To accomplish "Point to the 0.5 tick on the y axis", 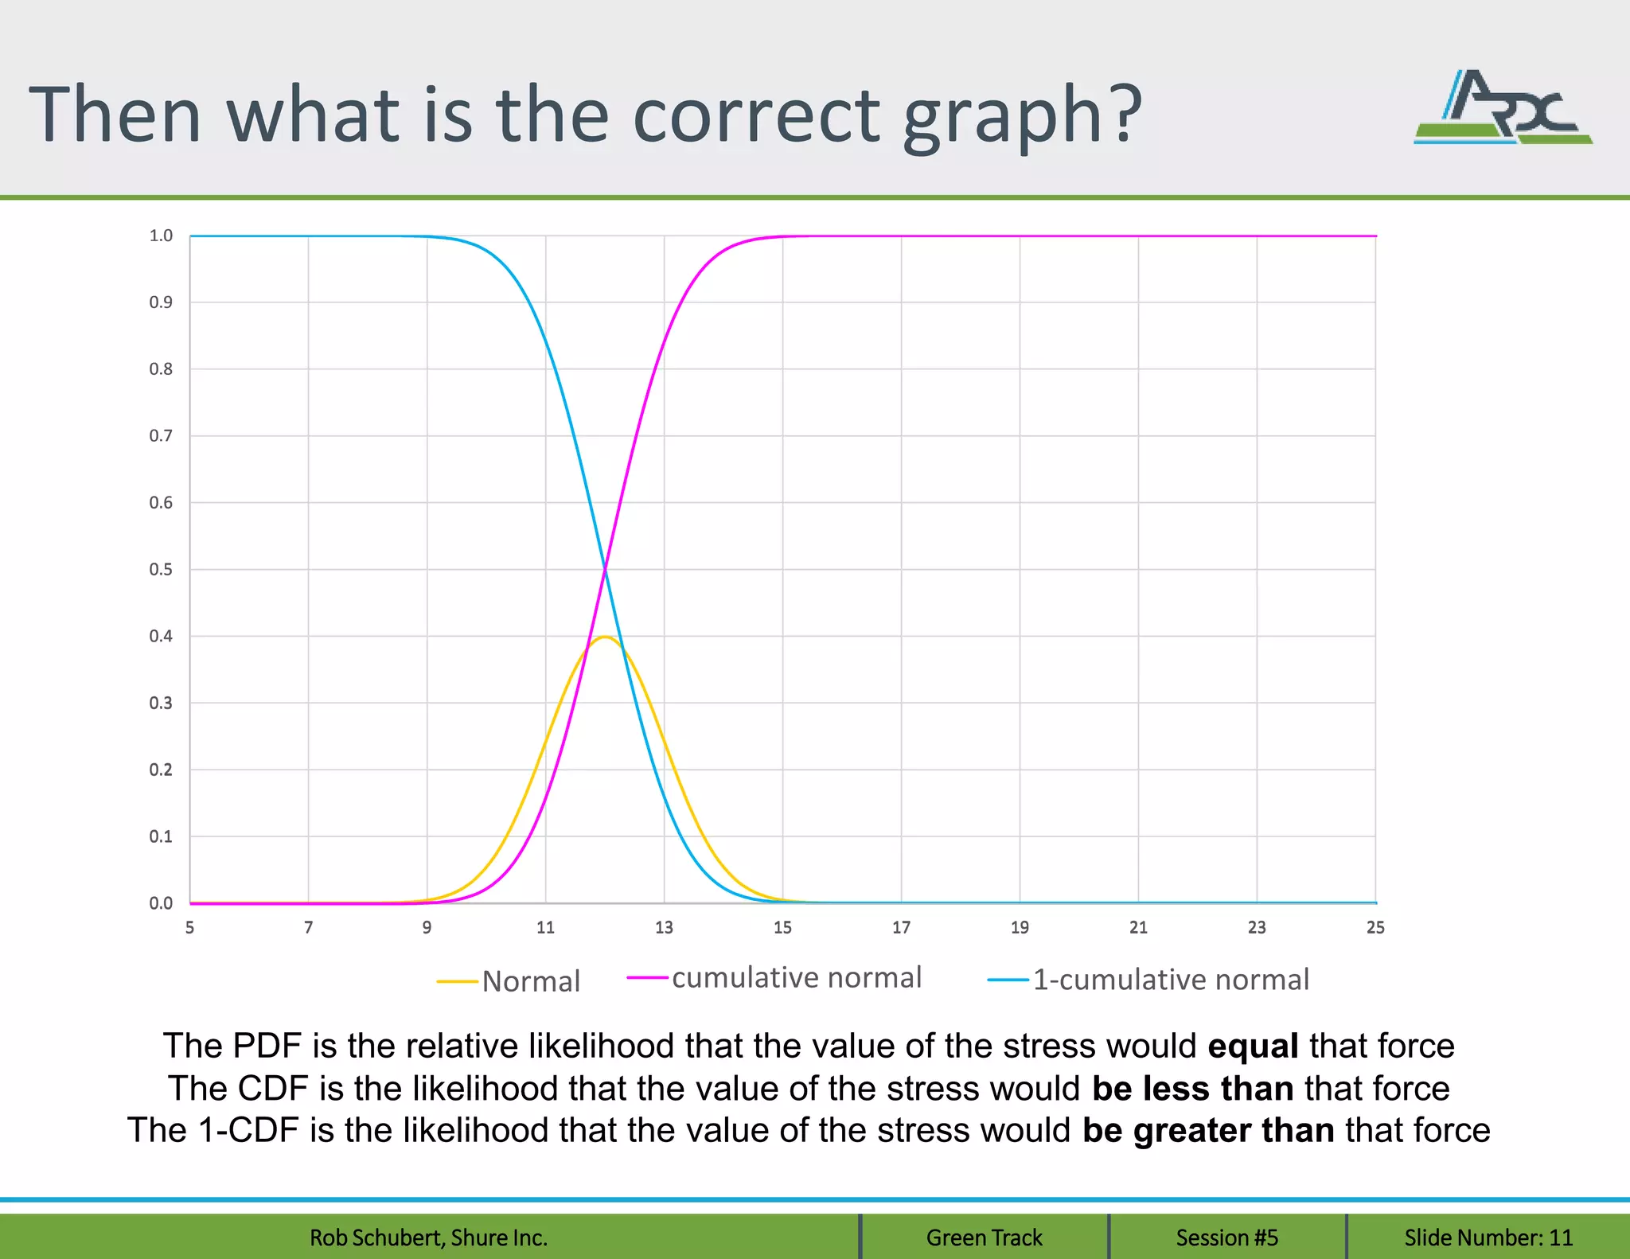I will tap(161, 569).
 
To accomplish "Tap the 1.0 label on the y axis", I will tap(161, 236).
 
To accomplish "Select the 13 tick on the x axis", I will tap(664, 927).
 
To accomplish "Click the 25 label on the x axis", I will tap(1375, 927).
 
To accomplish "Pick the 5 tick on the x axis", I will tap(189, 927).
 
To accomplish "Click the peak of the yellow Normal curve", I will tap(605, 637).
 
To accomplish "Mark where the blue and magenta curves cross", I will tap(605, 569).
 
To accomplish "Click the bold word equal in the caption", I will tap(1253, 1046).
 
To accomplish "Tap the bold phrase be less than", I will tap(1192, 1088).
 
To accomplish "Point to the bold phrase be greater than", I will tap(1208, 1130).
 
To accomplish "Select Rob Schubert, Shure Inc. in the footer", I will tap(428, 1238).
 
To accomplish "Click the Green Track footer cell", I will tap(984, 1238).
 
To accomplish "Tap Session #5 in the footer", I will tap(1226, 1238).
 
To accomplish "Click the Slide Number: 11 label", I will tap(1488, 1238).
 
